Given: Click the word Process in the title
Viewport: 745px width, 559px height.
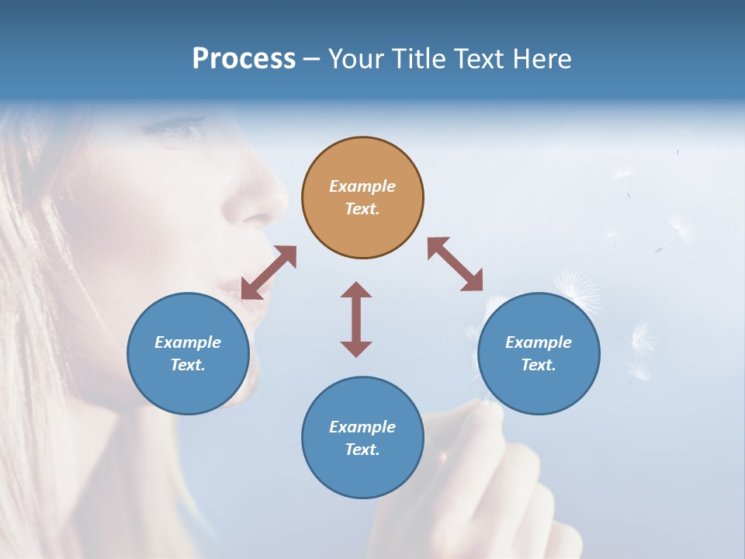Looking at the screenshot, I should [244, 59].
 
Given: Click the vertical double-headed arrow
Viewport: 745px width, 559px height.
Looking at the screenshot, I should [356, 319].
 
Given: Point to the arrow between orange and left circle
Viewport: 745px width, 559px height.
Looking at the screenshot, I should [269, 272].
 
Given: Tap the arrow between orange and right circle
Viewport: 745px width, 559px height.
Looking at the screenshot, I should [455, 264].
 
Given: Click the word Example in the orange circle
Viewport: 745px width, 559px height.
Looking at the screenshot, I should [362, 186].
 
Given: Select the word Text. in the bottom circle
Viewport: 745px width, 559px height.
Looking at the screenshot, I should [362, 450].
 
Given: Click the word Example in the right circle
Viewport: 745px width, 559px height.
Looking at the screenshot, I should [539, 342].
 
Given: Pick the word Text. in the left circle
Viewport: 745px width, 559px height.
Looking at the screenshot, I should [188, 365].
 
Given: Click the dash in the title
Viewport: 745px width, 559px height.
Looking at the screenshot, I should [311, 59].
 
